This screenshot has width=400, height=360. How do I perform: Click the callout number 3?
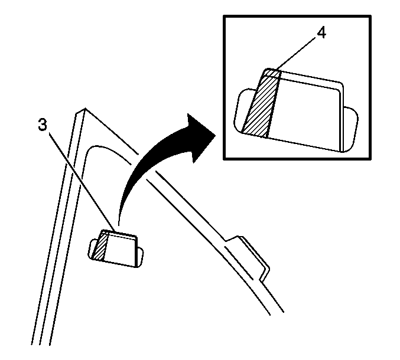coord(43,125)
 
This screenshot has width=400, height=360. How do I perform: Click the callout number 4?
coord(321,32)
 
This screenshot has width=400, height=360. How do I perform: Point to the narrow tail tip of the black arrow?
coord(118,225)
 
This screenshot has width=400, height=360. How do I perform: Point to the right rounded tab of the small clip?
coord(140,257)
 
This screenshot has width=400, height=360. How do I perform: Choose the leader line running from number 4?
coord(297,53)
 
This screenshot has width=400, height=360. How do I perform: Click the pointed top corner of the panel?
coord(85,108)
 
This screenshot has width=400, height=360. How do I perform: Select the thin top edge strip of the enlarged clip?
coord(304,78)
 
